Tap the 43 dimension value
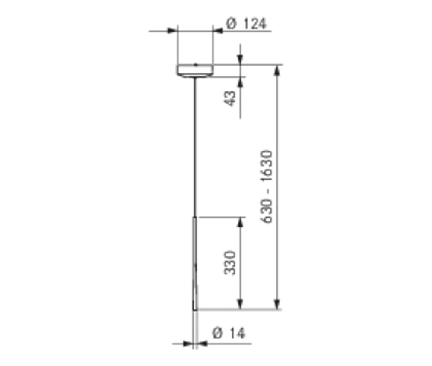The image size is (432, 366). tap(231, 98)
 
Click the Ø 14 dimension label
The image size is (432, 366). tap(229, 333)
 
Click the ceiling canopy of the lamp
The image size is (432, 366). tap(195, 70)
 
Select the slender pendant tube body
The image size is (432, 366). tap(195, 263)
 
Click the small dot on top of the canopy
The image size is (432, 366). tap(195, 65)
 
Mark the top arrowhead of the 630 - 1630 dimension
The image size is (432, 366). tap(277, 69)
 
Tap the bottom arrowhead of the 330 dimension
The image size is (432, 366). tap(240, 305)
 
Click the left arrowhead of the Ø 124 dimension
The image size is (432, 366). tap(172, 31)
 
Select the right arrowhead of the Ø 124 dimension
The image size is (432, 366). tap(218, 31)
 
